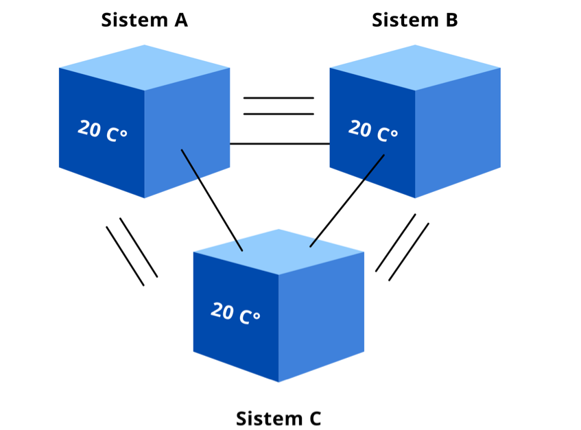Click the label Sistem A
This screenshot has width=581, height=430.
tap(144, 21)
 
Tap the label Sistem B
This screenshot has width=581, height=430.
tap(414, 21)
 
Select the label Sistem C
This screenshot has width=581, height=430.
tap(278, 418)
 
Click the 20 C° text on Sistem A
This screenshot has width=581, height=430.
tap(102, 130)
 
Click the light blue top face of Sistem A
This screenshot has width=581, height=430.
tap(144, 67)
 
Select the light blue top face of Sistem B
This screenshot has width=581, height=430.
tap(415, 67)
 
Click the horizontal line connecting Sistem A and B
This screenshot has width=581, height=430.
tap(279, 144)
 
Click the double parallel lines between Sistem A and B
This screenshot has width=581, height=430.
tap(278, 106)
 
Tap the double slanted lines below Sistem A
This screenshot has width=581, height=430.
tap(132, 252)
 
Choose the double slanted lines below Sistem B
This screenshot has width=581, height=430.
tap(402, 248)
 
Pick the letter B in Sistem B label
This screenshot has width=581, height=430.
tap(450, 21)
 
